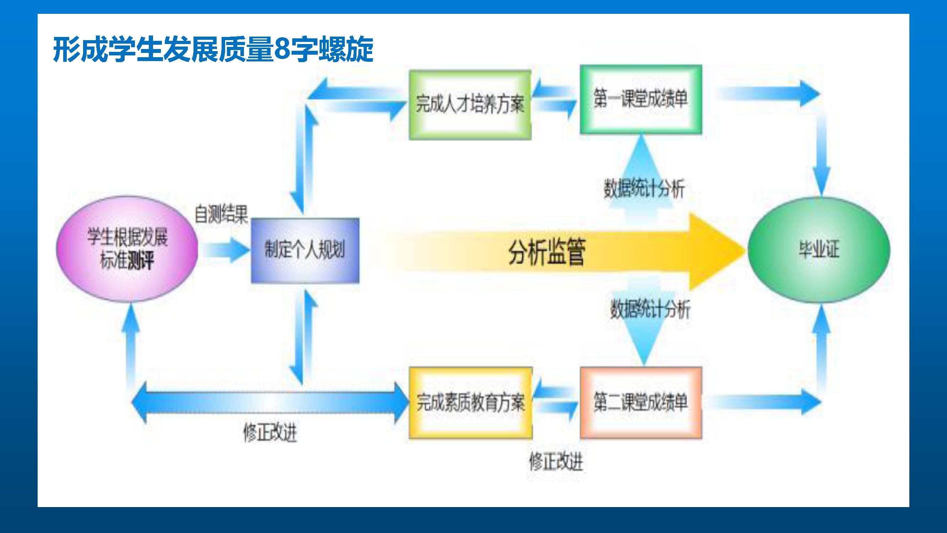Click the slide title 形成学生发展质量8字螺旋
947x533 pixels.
tap(213, 49)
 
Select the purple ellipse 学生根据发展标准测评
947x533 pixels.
tap(127, 249)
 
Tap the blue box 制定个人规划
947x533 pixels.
tap(305, 250)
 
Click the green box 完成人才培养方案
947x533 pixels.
tap(470, 104)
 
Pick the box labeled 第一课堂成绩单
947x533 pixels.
tap(641, 99)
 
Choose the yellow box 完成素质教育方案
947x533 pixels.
tap(470, 403)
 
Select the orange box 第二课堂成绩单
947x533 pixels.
tap(641, 403)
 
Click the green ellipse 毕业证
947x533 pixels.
tap(819, 250)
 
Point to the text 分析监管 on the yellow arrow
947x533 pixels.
tap(547, 251)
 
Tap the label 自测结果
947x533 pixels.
tap(221, 214)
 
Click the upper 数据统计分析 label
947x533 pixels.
tap(644, 189)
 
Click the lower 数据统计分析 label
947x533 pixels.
tap(650, 309)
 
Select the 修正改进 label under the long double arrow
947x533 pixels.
tap(270, 432)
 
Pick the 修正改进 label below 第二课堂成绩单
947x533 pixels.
tap(556, 462)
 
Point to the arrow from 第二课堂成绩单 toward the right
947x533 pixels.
tap(764, 403)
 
